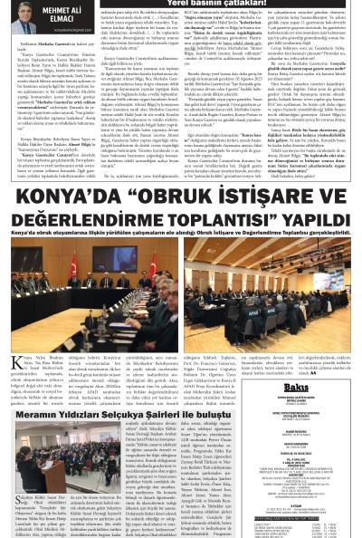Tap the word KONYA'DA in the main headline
[x=68, y=198]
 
